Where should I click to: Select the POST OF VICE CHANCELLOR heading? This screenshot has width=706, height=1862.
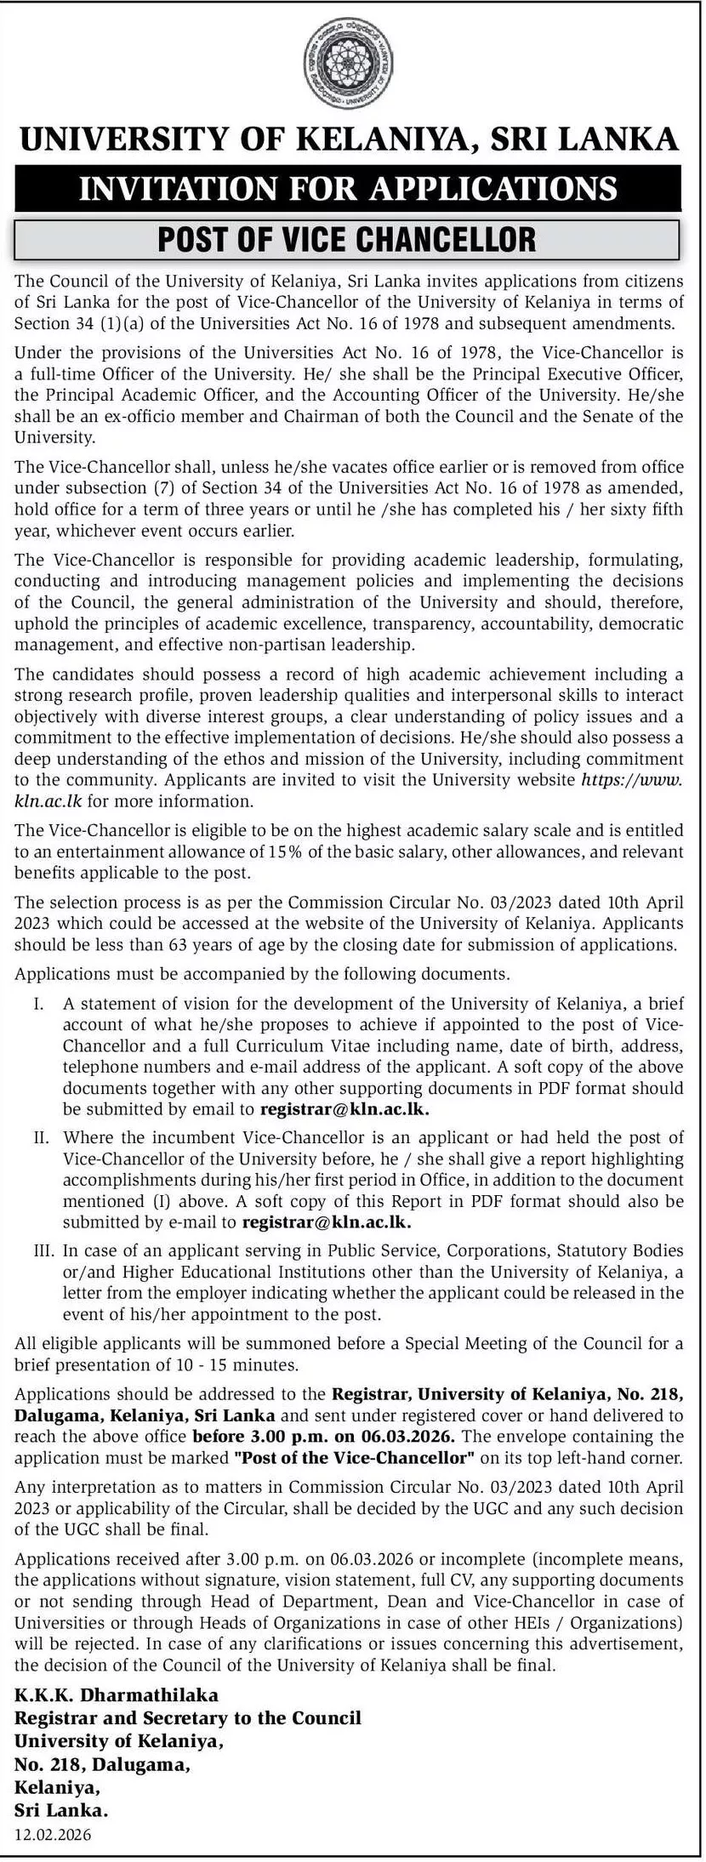point(347,239)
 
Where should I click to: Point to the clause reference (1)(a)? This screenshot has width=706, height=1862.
point(113,322)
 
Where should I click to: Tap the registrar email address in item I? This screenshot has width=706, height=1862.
point(344,1108)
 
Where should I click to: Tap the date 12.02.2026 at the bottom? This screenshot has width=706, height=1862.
point(53,1835)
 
